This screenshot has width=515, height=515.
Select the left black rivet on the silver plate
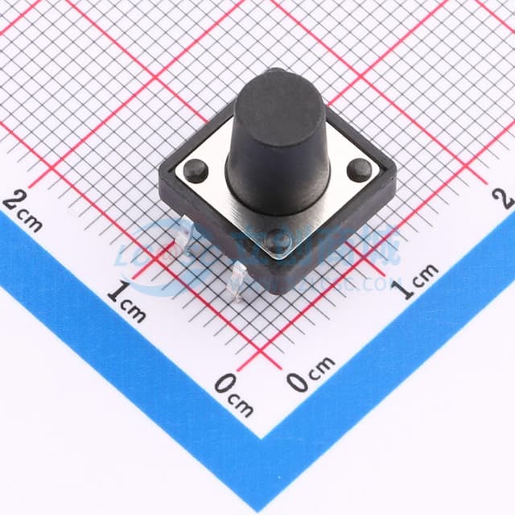coord(195,169)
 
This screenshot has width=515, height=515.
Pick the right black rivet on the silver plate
coord(360,170)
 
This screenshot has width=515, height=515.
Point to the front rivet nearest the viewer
coord(278,241)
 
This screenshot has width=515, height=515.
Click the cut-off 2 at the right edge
coord(506,197)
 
